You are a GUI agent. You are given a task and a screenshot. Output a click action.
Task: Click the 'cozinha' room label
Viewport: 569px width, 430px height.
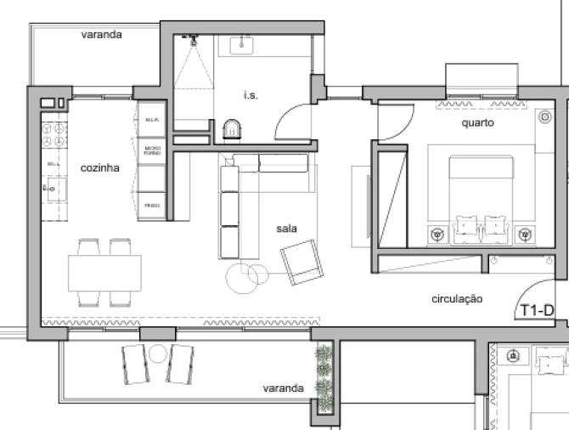pos(99,168)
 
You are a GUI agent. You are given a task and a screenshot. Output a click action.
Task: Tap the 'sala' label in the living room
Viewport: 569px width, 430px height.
pos(285,229)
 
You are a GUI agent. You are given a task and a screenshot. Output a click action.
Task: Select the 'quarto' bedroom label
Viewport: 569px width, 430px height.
pos(477,122)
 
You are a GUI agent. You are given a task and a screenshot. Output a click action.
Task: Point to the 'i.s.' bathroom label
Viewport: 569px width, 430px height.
pos(250,95)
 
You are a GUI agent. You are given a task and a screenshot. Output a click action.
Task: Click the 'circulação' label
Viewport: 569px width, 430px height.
pos(457,298)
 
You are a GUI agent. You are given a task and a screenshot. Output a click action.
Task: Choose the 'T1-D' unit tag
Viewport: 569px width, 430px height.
pos(536,310)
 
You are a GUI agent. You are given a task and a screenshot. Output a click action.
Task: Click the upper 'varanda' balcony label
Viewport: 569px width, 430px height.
pos(101,36)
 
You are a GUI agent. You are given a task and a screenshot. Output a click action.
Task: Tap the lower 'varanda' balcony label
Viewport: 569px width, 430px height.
pos(283,388)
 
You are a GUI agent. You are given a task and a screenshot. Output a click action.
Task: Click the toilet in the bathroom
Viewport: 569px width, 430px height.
pos(231,129)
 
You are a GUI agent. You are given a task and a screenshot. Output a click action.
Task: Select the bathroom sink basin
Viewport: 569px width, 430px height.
pos(248,44)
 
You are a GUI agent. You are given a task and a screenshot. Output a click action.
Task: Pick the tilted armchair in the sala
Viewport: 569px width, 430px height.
pos(301,262)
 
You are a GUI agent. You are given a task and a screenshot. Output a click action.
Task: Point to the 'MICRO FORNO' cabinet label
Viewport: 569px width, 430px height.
pos(152,151)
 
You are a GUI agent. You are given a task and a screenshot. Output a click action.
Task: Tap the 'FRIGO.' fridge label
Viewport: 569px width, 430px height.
pos(152,206)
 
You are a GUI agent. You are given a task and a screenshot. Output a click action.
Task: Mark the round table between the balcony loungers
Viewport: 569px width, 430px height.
pos(158,353)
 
